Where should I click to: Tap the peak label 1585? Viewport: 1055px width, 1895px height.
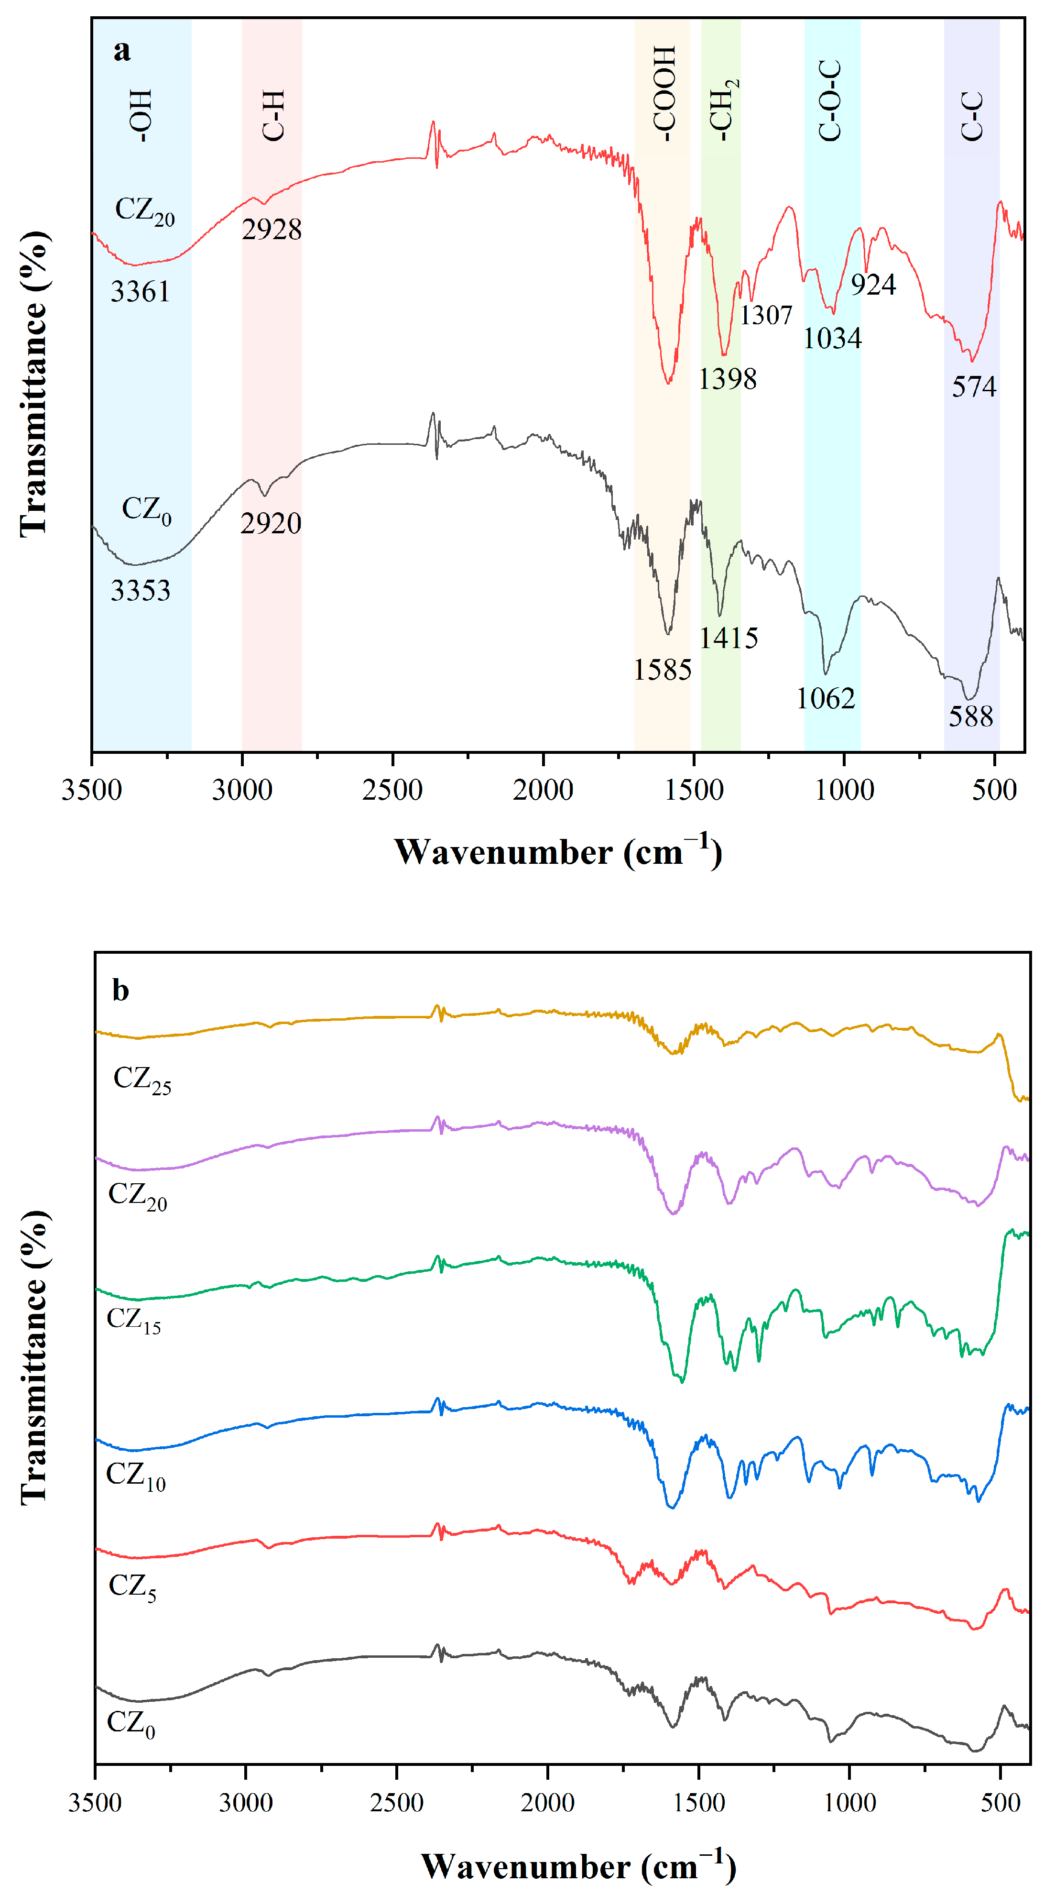[663, 670]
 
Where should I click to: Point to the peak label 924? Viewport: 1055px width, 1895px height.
[873, 285]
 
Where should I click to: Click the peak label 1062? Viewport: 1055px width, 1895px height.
[826, 699]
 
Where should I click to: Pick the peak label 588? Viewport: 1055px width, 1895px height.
[970, 716]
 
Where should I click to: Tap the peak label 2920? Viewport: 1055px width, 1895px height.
[271, 524]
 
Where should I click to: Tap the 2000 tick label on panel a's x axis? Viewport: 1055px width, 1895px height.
[543, 790]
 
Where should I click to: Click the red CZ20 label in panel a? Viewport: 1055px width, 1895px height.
[144, 211]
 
